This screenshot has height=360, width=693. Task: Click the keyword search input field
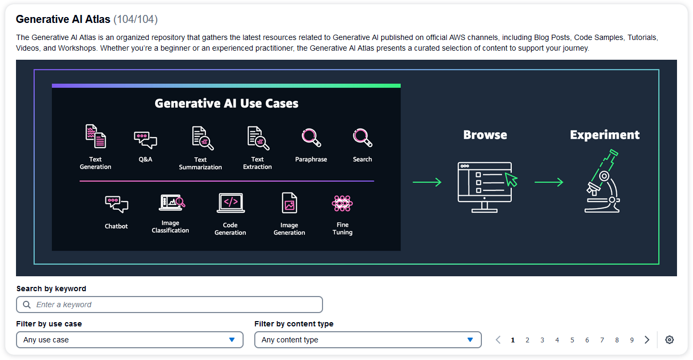point(169,305)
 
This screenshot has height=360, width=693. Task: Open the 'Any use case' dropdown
point(130,340)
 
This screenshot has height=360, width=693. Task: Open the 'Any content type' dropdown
point(368,340)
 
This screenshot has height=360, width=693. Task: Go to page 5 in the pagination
point(572,340)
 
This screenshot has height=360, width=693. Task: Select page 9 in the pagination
point(632,340)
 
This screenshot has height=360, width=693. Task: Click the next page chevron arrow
point(647,340)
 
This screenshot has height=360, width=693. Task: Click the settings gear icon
point(670,340)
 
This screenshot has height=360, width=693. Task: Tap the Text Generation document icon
point(95,136)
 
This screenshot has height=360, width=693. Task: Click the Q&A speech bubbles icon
point(146,140)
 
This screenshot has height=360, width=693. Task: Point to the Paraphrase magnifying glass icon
point(311,138)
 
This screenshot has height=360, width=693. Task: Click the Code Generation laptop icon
point(230,203)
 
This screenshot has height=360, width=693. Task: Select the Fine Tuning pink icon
point(342,203)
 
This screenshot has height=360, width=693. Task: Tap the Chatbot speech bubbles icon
point(116,204)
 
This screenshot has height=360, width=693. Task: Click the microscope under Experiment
point(602,181)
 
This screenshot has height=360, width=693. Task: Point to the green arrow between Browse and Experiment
point(549,182)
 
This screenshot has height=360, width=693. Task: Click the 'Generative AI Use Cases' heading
point(227,103)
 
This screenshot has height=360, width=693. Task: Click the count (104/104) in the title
point(135,19)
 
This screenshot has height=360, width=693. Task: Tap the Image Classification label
point(170,227)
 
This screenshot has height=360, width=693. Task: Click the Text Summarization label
point(200,163)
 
